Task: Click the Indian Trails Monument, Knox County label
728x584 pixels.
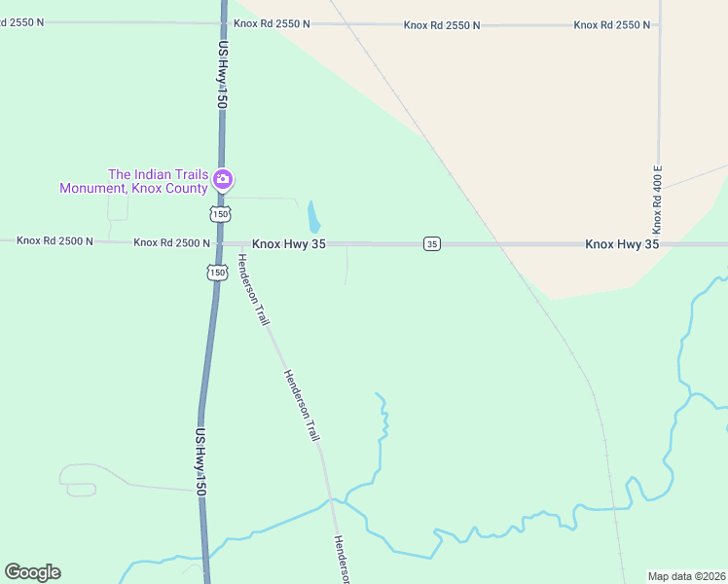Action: coord(133,181)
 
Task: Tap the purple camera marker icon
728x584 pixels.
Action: coord(223,178)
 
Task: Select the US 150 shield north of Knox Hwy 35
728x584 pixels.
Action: coord(221,213)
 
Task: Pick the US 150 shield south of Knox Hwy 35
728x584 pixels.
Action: coord(217,274)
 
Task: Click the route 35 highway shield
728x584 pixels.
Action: coord(432,243)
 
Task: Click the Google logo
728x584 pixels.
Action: coord(32,572)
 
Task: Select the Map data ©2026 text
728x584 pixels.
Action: coord(687,576)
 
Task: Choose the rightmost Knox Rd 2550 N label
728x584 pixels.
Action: coord(611,24)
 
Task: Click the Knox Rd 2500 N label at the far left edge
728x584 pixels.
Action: coord(55,240)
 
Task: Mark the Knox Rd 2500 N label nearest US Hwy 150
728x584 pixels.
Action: coord(171,242)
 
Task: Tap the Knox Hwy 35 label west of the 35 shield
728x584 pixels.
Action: coord(288,244)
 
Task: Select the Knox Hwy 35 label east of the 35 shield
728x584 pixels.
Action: coord(622,244)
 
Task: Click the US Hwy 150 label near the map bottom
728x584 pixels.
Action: coord(200,463)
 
